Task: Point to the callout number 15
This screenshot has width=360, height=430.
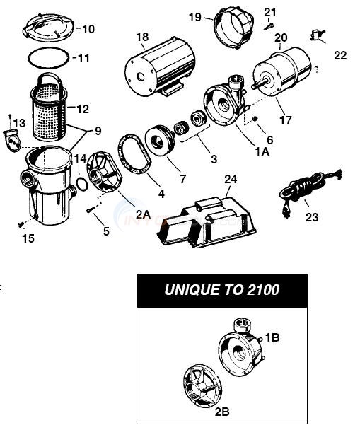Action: pos(28,238)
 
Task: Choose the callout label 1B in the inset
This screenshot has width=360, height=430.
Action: pos(272,338)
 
